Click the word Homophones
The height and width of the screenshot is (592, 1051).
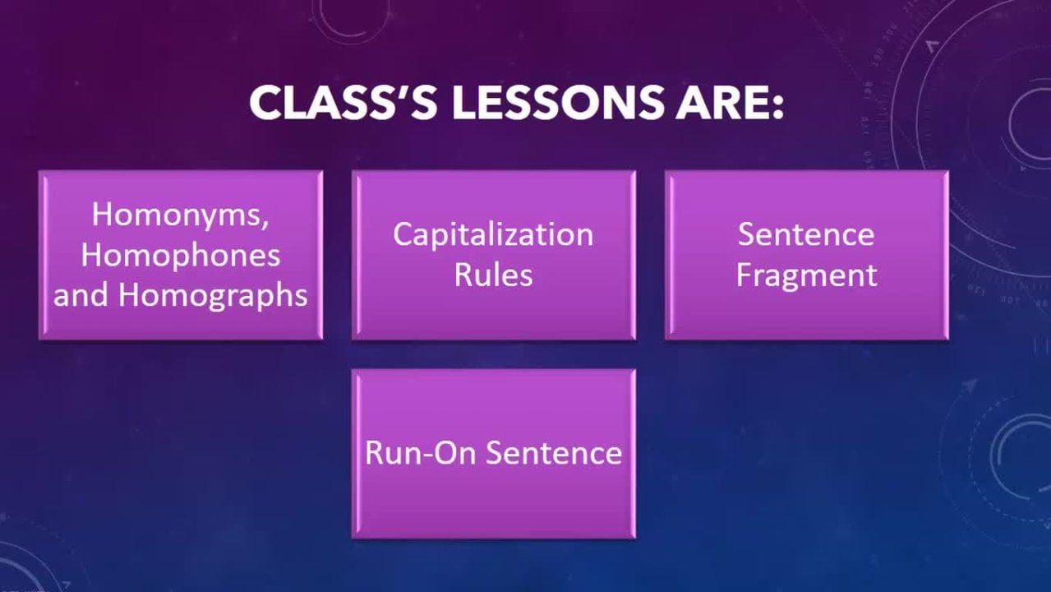click(x=181, y=256)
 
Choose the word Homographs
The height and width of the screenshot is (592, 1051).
click(x=213, y=295)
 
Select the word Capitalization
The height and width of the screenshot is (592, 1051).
click(x=493, y=234)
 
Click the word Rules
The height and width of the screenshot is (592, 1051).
click(x=493, y=275)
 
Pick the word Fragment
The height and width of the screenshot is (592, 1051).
click(x=806, y=275)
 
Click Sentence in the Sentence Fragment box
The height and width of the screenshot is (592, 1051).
click(x=806, y=234)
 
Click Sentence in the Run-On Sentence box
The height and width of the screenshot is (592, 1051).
click(x=554, y=453)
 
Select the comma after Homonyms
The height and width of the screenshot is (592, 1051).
click(x=265, y=224)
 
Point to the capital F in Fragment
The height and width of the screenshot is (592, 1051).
click(x=744, y=275)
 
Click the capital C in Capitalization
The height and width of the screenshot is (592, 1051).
click(x=403, y=234)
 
